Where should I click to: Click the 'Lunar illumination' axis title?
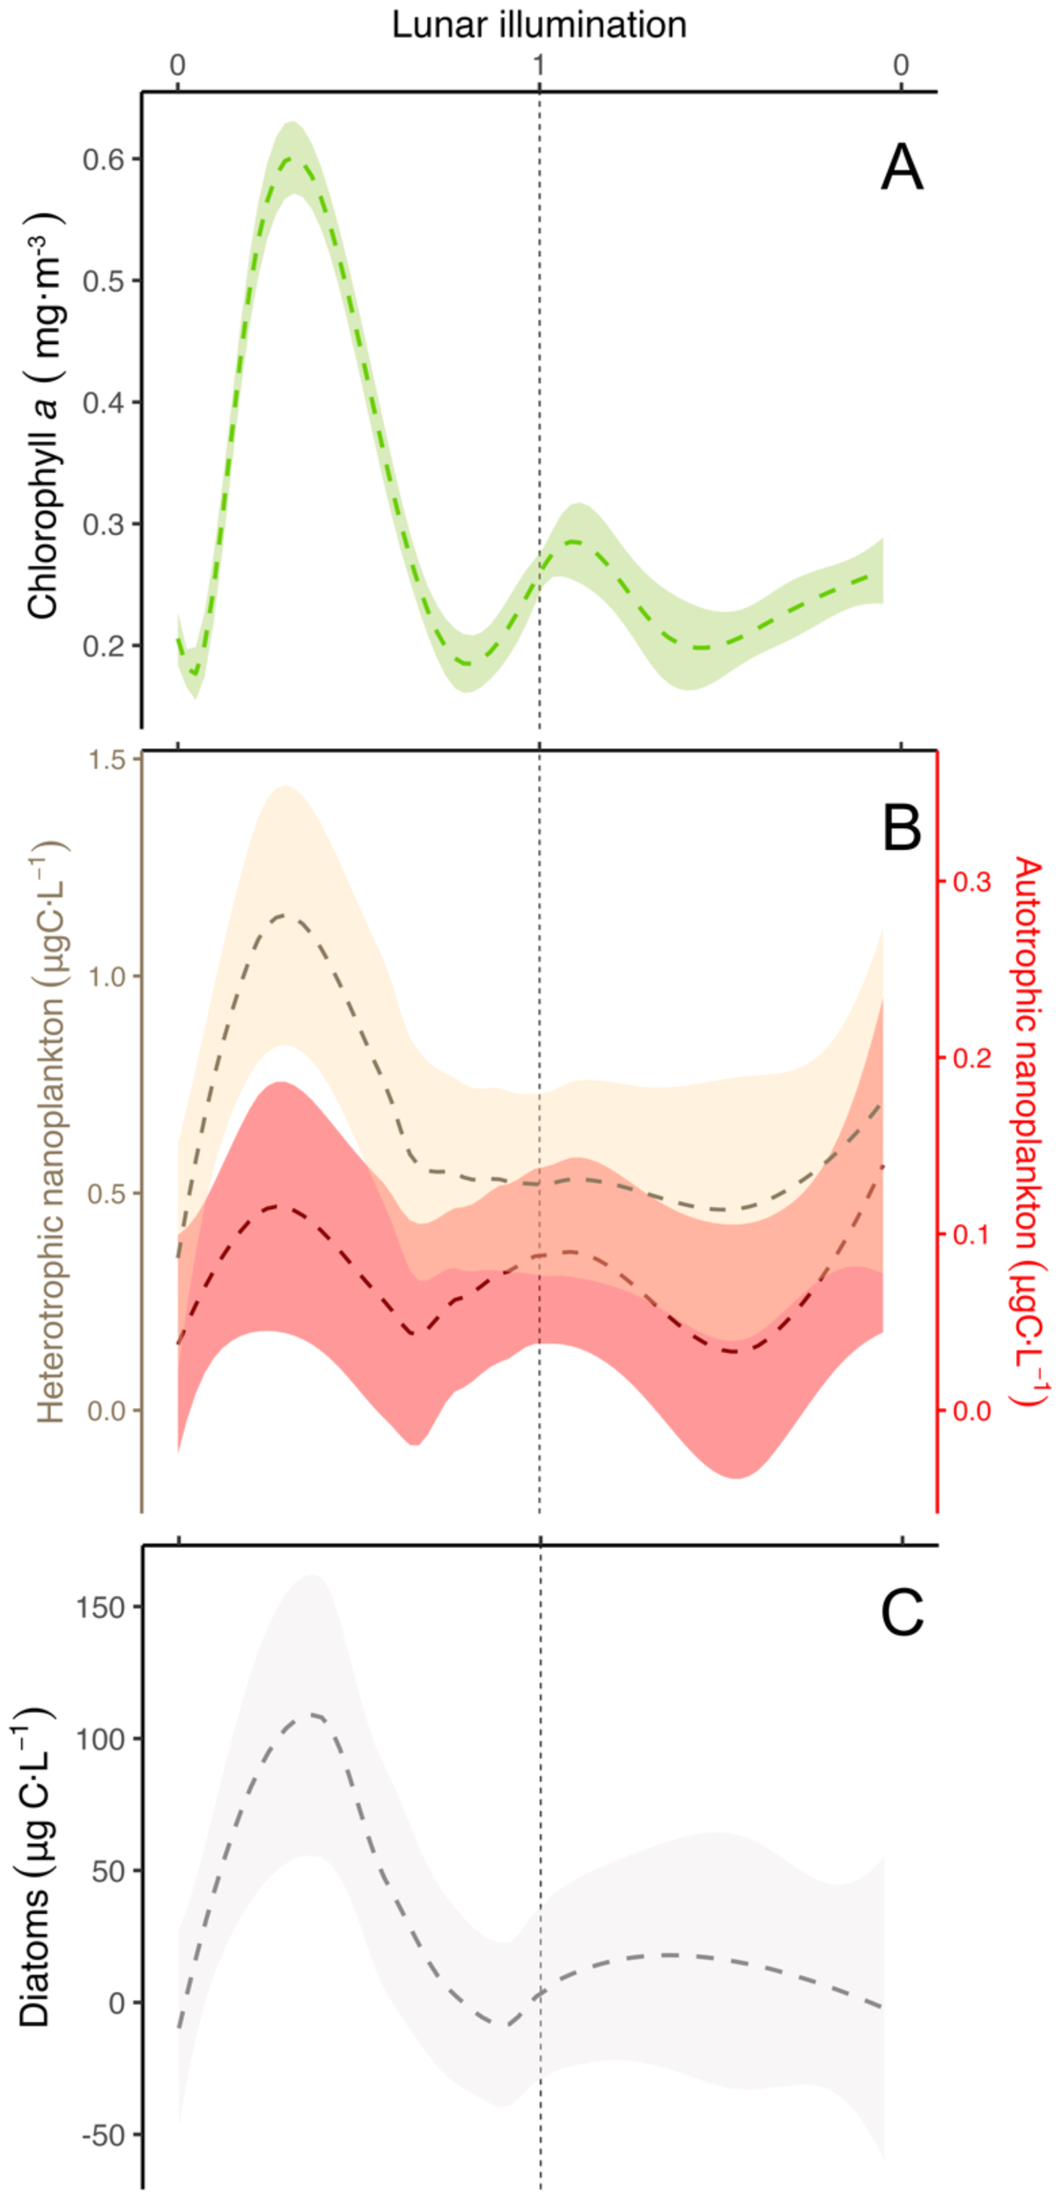[x=539, y=25]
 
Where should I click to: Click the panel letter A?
[x=902, y=168]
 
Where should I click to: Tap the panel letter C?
[x=902, y=1613]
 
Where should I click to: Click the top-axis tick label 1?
[x=539, y=66]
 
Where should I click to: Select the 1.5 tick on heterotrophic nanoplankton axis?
[x=107, y=759]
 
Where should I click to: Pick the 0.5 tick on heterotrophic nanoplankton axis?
[x=107, y=1193]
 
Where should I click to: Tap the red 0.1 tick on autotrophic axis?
[x=972, y=1234]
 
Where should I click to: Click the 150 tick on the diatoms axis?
[x=101, y=1607]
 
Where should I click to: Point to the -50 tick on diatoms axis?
[x=103, y=2135]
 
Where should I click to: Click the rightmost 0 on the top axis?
[x=900, y=66]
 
